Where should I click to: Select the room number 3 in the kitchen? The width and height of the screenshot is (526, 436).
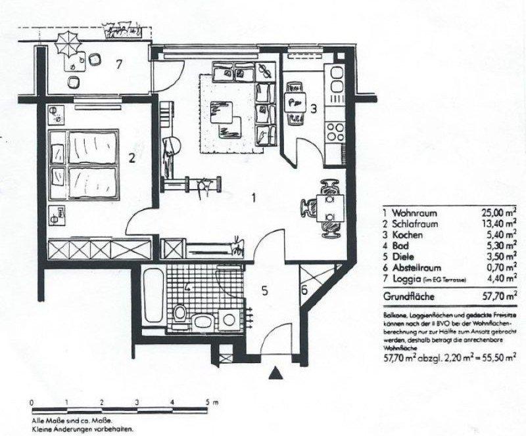click(x=314, y=109)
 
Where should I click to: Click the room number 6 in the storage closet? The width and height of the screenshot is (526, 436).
click(x=304, y=288)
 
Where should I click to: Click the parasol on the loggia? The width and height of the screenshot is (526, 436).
click(x=65, y=46)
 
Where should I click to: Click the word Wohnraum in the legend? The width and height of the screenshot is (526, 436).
click(x=414, y=213)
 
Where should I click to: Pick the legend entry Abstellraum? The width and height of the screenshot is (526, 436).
click(x=420, y=268)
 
